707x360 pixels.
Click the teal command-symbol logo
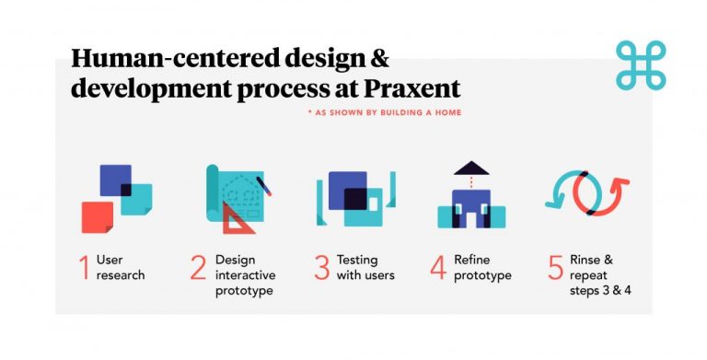tap(641, 64)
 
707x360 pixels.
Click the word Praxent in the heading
tap(411, 89)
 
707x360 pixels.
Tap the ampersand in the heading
tap(378, 60)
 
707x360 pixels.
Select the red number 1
tap(85, 267)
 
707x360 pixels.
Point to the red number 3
tap(321, 267)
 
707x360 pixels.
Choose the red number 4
tap(438, 267)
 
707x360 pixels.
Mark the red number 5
tap(555, 267)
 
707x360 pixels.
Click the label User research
tap(121, 267)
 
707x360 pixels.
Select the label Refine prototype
tap(482, 267)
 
